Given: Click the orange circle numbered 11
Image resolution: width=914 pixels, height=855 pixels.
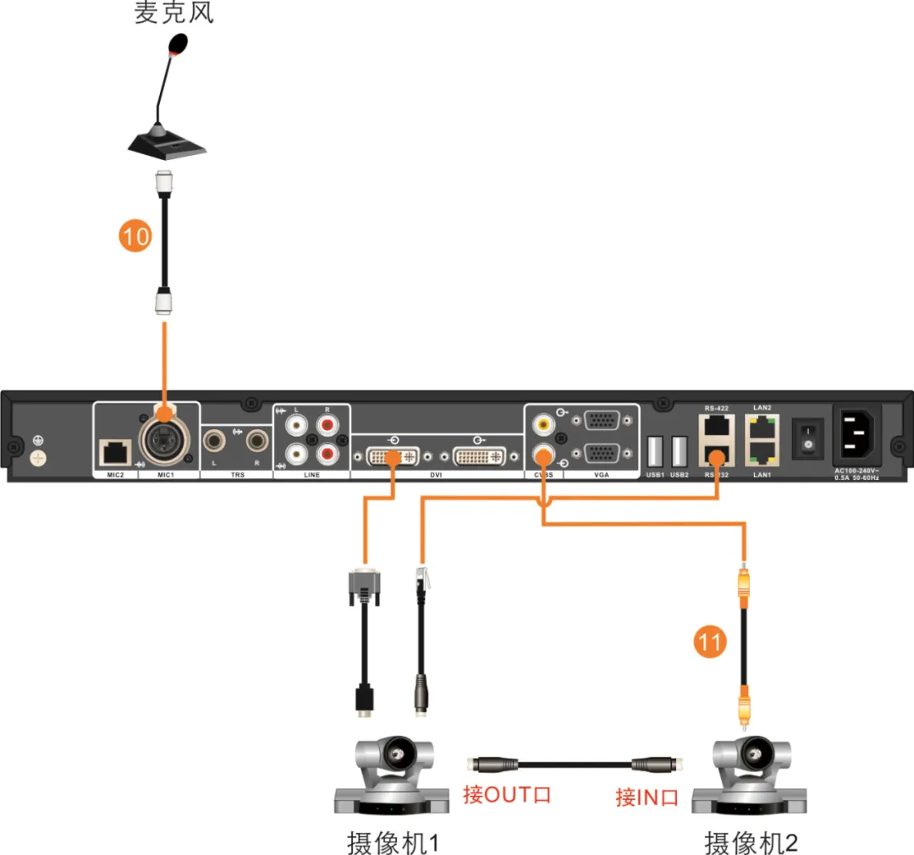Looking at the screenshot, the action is [x=710, y=643].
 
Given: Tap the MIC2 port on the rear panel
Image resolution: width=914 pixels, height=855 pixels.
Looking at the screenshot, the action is [x=113, y=453].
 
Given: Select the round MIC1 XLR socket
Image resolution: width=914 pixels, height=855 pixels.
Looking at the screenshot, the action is [x=163, y=441].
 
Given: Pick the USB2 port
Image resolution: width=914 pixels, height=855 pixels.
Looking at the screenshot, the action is [x=678, y=450].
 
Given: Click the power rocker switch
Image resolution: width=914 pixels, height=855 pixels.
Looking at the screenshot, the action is [x=807, y=439].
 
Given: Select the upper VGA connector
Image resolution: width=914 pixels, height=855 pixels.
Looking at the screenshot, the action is [x=602, y=421].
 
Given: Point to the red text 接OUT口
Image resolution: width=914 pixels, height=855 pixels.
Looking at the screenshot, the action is [x=506, y=795].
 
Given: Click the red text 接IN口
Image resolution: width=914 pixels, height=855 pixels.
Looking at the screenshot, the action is [x=647, y=797].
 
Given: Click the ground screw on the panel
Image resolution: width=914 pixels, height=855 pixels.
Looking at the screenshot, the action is [x=36, y=455].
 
